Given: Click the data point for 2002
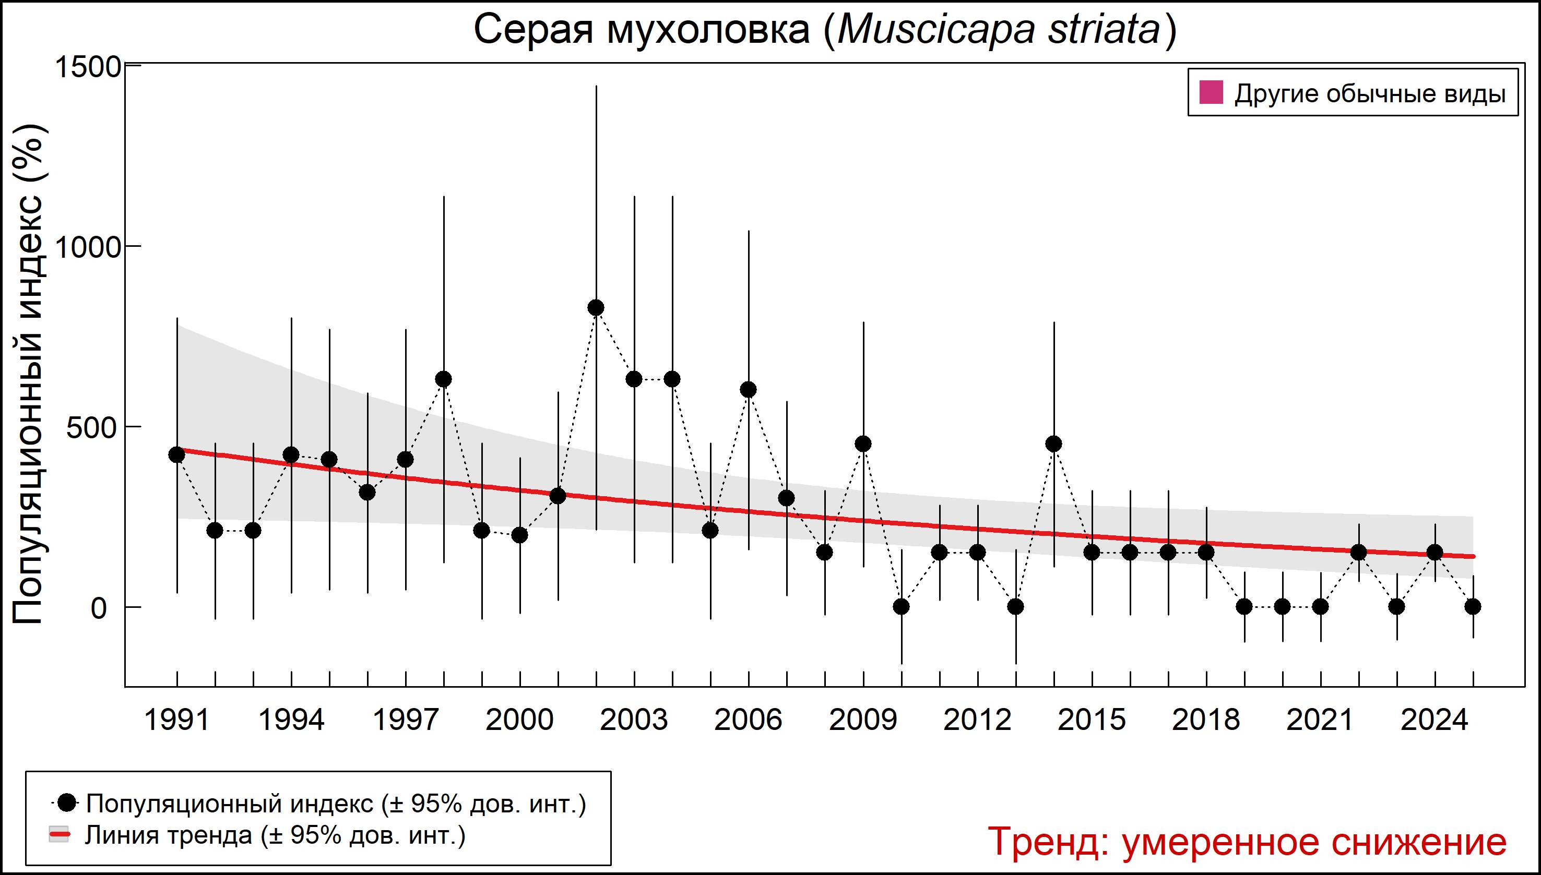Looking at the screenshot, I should pos(596,308).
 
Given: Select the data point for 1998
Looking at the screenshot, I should pos(444,379).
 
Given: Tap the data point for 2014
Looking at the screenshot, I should pos(1054,444).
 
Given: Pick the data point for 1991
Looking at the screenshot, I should pos(177,455).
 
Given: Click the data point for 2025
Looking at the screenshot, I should pos(1473,607).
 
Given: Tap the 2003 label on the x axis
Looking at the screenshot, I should pos(634,720).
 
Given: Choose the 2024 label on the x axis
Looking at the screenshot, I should pos(1435,720).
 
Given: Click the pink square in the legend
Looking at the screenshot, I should pos(1211,93).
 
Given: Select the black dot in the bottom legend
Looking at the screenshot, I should pos(68,802).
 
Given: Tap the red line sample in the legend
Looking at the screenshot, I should pos(59,835).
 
